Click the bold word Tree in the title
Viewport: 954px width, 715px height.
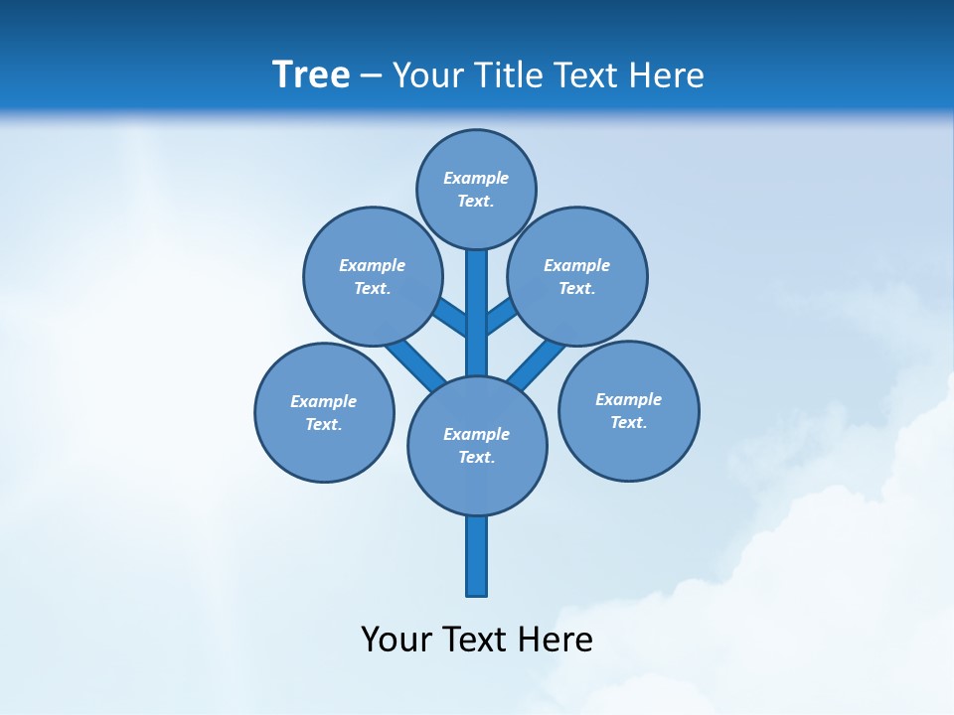coord(311,74)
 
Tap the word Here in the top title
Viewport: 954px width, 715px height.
coord(665,74)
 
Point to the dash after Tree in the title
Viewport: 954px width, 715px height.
coord(372,75)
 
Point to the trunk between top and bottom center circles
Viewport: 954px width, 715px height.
coord(477,328)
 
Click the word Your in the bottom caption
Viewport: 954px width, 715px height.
coord(396,639)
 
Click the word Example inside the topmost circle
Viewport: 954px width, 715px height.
coord(476,178)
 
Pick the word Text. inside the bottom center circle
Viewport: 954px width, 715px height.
coord(476,457)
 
